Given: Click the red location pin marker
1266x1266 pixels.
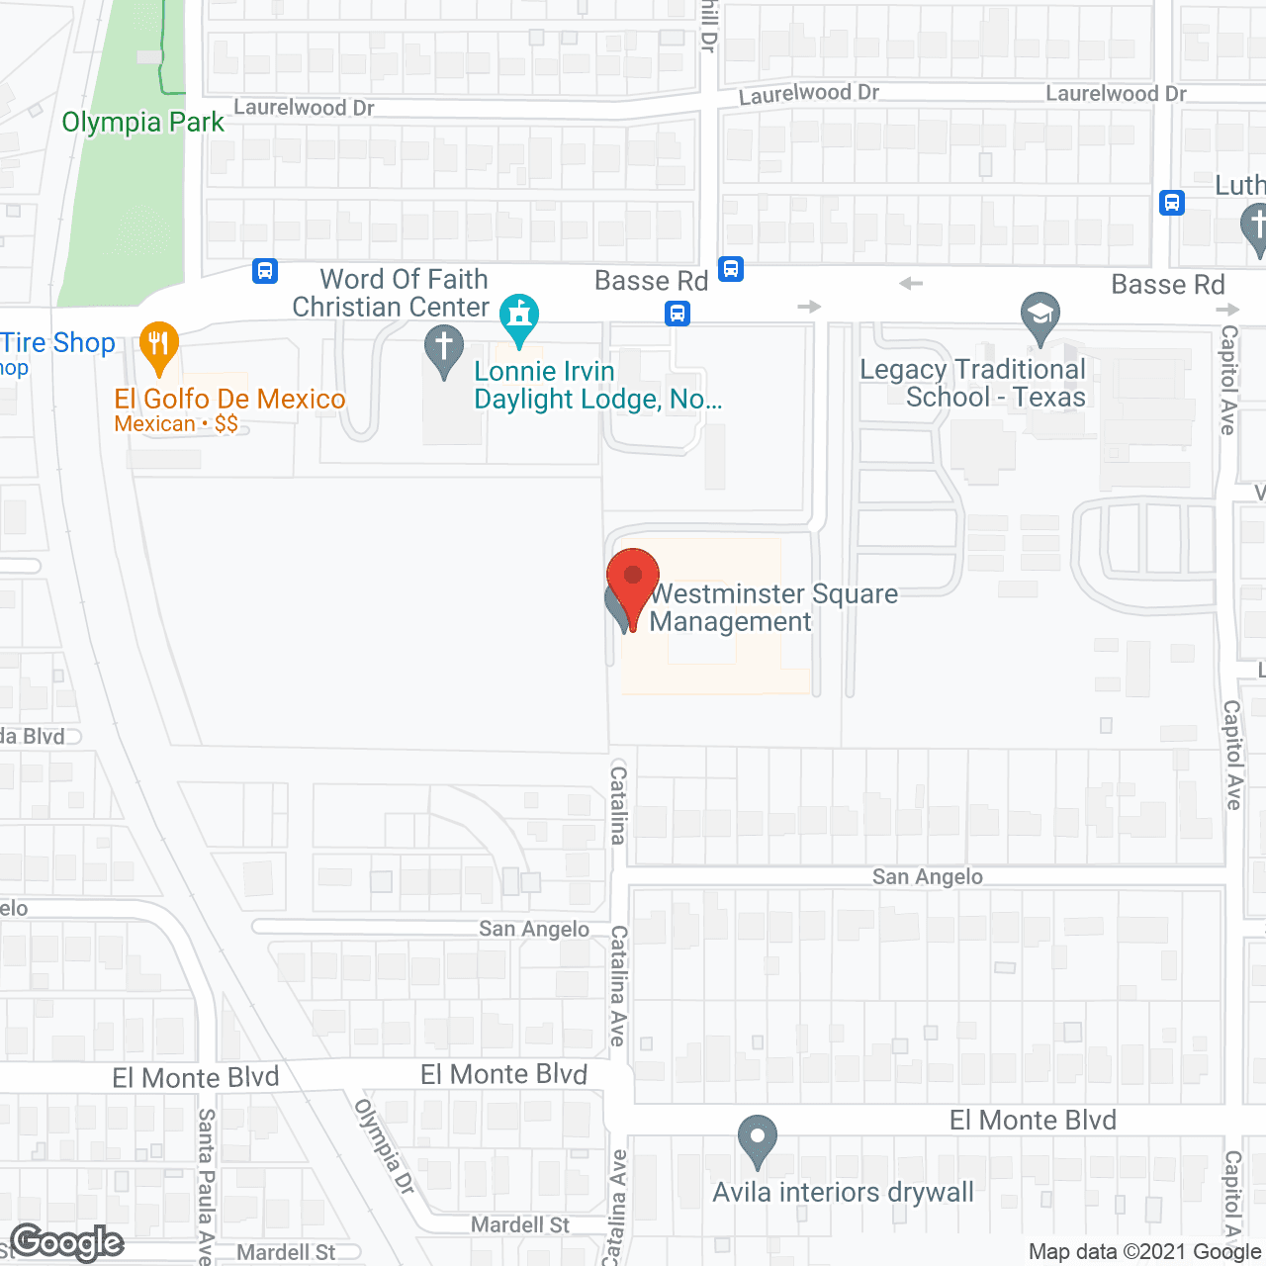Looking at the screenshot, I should (x=633, y=584).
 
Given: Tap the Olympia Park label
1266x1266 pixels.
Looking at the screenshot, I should (x=143, y=122).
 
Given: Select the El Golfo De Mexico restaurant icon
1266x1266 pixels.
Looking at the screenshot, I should (x=158, y=347).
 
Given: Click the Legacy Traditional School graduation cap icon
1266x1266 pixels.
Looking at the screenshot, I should (x=1040, y=317).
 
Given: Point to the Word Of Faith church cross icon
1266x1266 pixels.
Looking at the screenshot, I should (x=444, y=349).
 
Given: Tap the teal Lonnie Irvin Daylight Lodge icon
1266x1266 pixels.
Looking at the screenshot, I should (x=518, y=317).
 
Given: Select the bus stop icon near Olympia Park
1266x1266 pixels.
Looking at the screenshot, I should (x=265, y=271).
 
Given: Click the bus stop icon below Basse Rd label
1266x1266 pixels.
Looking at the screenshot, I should (x=678, y=315).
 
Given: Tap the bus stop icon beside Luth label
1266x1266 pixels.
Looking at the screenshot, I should (x=1172, y=203).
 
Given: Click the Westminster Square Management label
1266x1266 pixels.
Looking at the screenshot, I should (x=773, y=607).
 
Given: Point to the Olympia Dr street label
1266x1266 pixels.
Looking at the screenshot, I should (x=385, y=1145).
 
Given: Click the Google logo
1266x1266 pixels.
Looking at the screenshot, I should (x=67, y=1242).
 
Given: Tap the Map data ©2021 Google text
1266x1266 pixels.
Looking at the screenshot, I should (x=1145, y=1251).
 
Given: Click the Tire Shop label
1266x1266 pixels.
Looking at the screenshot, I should (x=58, y=342).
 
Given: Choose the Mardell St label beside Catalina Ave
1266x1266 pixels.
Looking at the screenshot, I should (x=520, y=1224).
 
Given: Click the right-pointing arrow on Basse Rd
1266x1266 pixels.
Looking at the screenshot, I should (x=809, y=307).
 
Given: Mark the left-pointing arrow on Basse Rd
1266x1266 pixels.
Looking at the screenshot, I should (x=911, y=284).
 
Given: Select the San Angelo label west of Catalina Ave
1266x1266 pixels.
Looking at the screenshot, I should (x=534, y=928).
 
